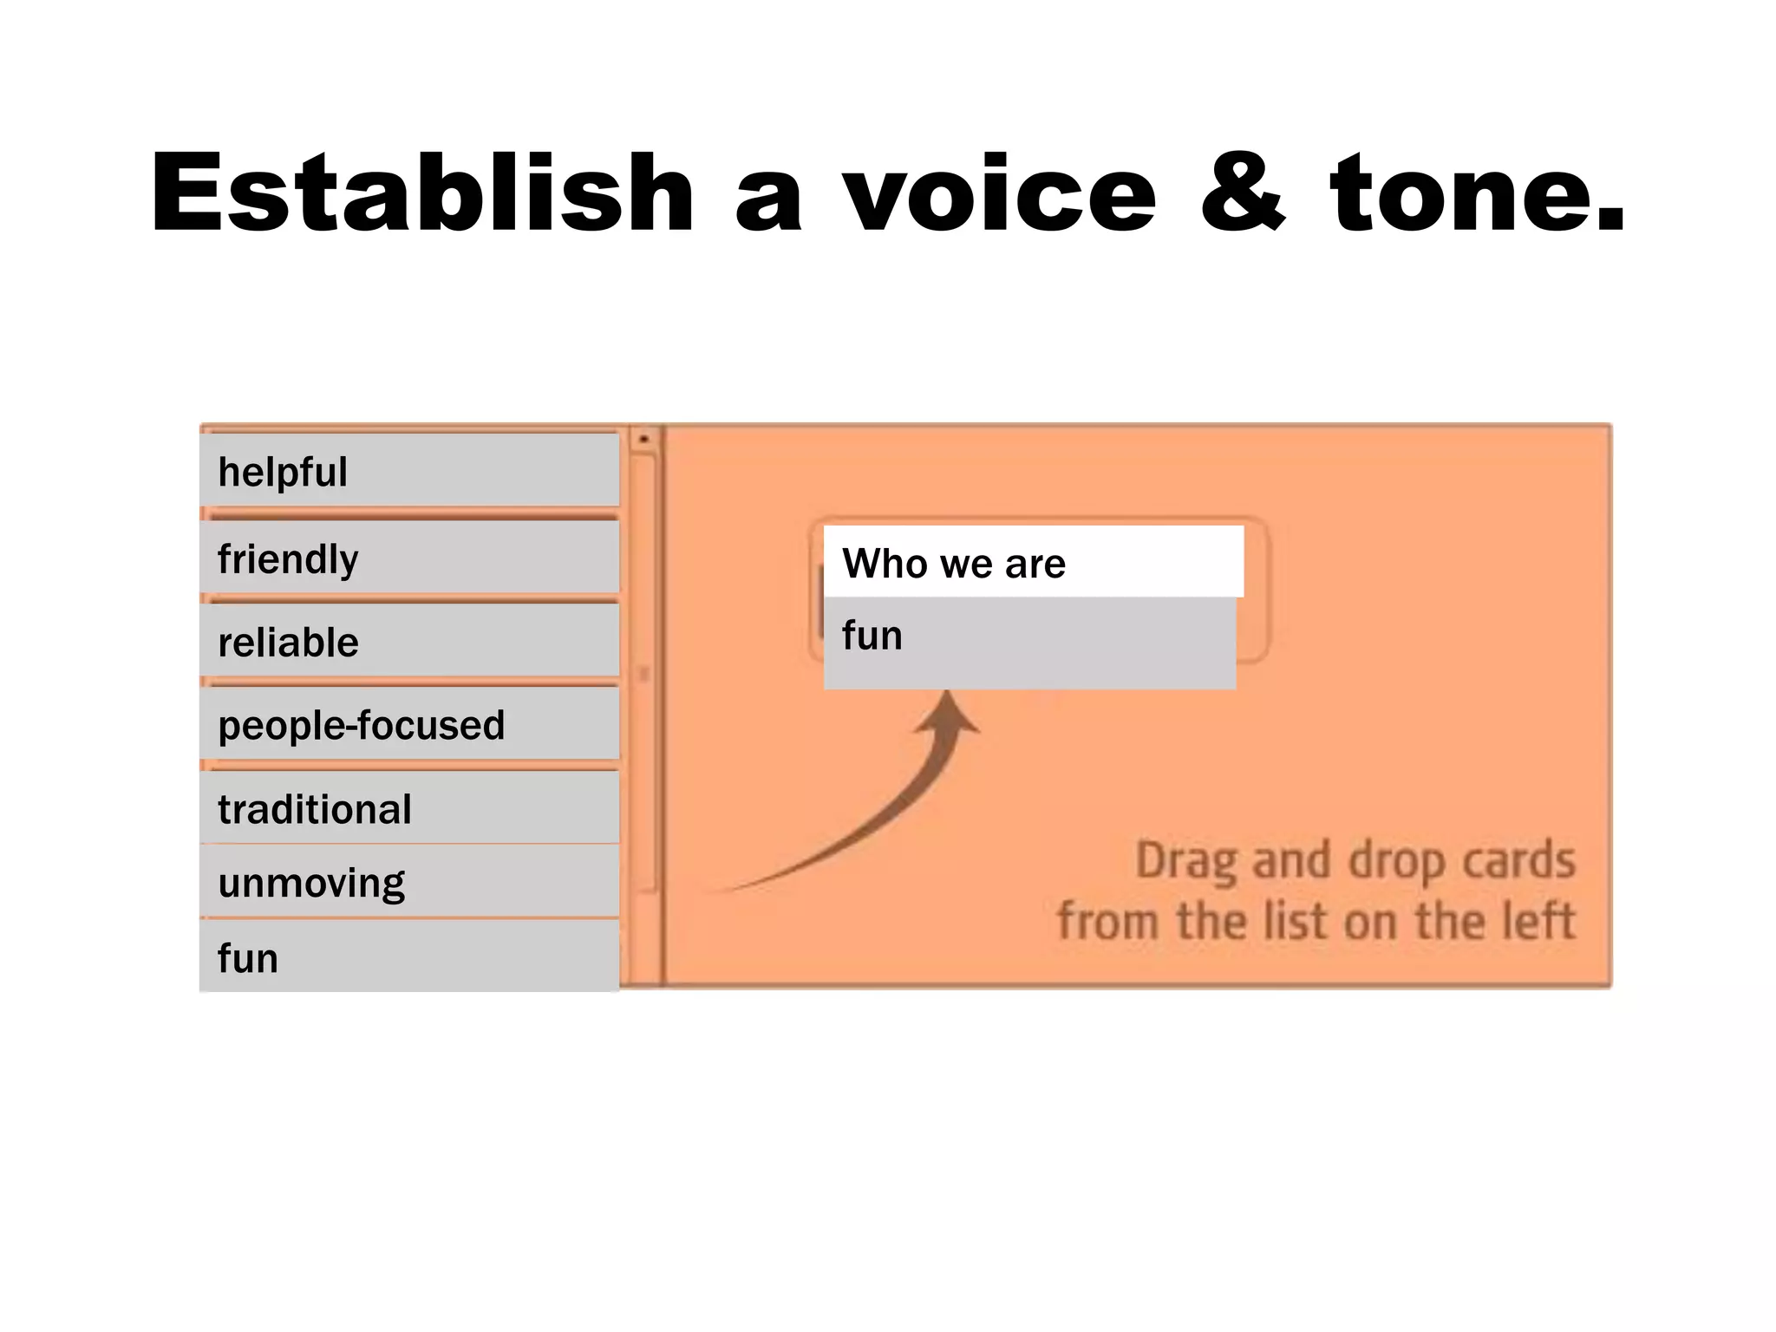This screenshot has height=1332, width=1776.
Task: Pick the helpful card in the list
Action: click(409, 471)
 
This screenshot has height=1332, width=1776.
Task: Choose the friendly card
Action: click(409, 558)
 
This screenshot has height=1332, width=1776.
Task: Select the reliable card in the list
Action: click(409, 642)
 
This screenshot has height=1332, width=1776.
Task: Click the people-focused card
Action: click(409, 725)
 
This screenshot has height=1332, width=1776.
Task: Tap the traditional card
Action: click(409, 808)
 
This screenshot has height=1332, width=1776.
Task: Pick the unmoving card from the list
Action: click(409, 882)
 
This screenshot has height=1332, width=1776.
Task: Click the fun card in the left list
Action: click(409, 957)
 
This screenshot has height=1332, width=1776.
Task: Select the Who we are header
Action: click(1033, 563)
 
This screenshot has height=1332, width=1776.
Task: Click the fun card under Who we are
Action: click(1029, 641)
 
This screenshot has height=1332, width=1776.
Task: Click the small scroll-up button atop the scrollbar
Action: click(643, 440)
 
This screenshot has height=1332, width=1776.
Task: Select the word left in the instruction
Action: click(1538, 921)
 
